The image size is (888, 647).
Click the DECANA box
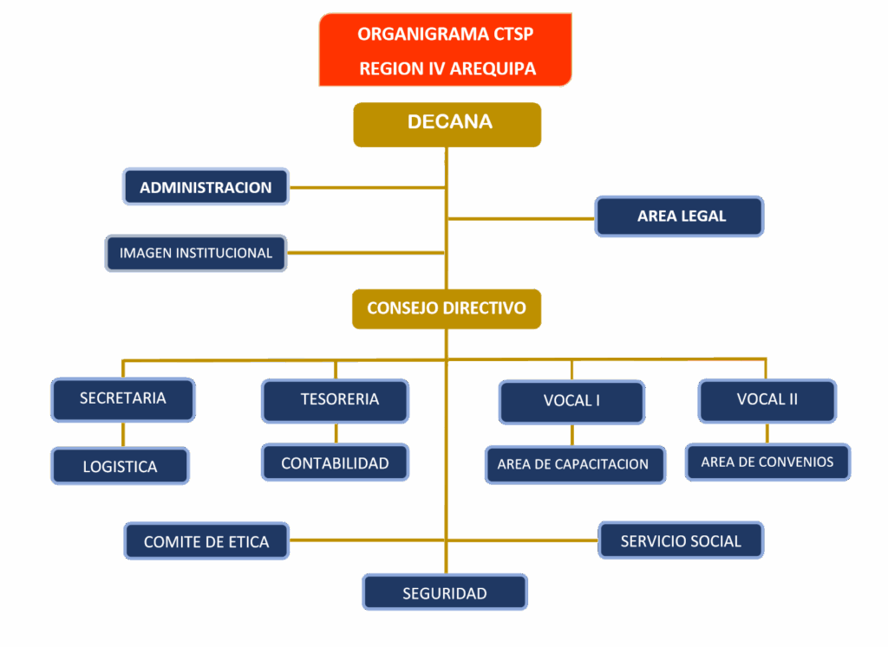(447, 124)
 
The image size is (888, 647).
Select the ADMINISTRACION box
(206, 186)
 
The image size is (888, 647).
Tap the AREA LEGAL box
(680, 216)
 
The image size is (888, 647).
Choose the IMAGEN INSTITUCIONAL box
(196, 253)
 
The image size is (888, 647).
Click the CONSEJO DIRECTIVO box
(447, 308)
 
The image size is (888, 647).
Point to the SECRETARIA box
(123, 399)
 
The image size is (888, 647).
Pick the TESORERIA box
(336, 400)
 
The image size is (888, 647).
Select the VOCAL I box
(571, 402)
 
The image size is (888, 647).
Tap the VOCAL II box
(767, 400)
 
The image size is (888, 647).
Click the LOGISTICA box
(121, 466)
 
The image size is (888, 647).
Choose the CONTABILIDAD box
(335, 463)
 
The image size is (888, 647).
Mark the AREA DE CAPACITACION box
(573, 464)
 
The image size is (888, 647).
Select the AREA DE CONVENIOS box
(767, 463)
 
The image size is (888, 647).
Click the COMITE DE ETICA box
(206, 541)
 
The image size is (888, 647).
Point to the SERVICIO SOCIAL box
(681, 540)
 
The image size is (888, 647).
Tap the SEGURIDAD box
(445, 593)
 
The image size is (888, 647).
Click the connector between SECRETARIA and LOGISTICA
(123, 434)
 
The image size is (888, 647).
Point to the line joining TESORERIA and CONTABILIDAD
(336, 433)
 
